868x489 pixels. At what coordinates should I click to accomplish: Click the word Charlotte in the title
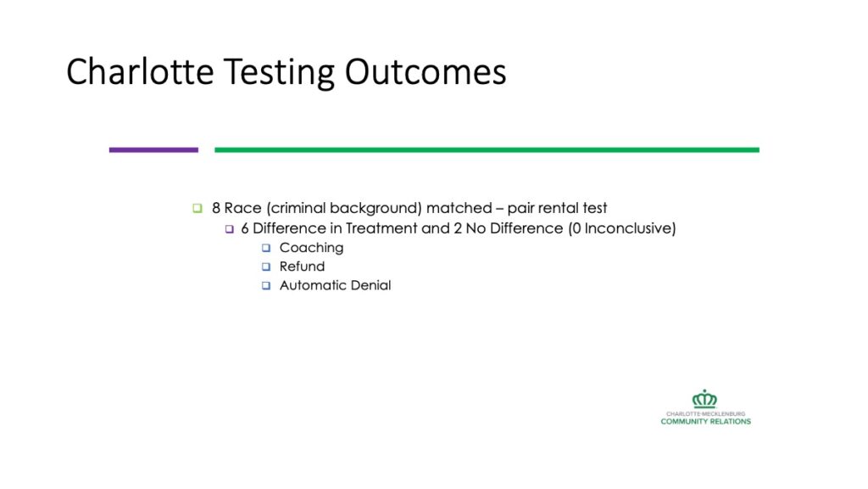pyautogui.click(x=140, y=71)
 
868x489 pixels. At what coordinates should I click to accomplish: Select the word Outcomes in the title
pyautogui.click(x=426, y=72)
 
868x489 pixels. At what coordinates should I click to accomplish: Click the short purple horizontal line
pyautogui.click(x=153, y=149)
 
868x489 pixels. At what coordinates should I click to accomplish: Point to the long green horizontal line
pyautogui.click(x=487, y=149)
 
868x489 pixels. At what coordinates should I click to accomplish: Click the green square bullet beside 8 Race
pyautogui.click(x=198, y=208)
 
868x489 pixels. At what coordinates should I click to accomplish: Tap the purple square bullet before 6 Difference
pyautogui.click(x=229, y=228)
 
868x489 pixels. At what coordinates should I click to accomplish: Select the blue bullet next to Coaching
pyautogui.click(x=266, y=248)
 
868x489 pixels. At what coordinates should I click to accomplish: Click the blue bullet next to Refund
pyautogui.click(x=266, y=267)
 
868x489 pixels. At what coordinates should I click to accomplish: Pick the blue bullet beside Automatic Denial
pyautogui.click(x=266, y=285)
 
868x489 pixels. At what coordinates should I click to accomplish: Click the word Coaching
pyautogui.click(x=311, y=248)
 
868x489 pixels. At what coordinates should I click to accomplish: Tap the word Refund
pyautogui.click(x=302, y=266)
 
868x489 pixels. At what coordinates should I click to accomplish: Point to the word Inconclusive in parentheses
pyautogui.click(x=628, y=228)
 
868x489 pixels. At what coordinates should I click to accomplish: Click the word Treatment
pyautogui.click(x=381, y=228)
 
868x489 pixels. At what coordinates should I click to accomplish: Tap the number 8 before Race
pyautogui.click(x=216, y=208)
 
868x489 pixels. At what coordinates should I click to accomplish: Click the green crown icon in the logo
pyautogui.click(x=704, y=399)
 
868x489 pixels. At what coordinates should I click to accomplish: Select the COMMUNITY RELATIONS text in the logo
pyautogui.click(x=706, y=421)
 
